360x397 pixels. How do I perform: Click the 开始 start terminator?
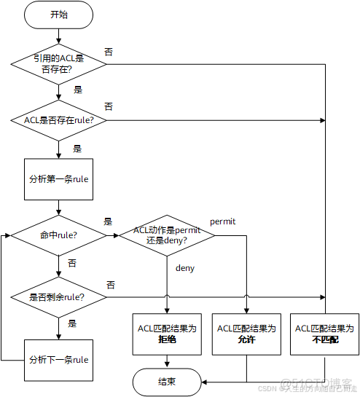tap(58, 14)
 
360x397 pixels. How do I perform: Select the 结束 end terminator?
tap(167, 381)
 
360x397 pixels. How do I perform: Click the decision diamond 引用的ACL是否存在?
tap(58, 64)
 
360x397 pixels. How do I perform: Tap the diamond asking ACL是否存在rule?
tap(58, 119)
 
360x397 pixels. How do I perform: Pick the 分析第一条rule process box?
tap(58, 178)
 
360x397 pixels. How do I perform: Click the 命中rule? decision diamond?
tap(58, 235)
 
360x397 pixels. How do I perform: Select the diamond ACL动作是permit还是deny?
tap(167, 235)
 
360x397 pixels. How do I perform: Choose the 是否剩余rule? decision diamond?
tap(58, 296)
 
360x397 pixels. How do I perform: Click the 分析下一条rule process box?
tap(58, 359)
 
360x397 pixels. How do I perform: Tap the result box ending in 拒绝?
tap(167, 334)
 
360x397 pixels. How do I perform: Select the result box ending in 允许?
tap(246, 334)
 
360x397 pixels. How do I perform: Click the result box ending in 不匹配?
tap(324, 334)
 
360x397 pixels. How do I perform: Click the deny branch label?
tap(185, 268)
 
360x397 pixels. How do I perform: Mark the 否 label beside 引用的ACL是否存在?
tap(109, 52)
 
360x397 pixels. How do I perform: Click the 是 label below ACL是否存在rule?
tap(77, 149)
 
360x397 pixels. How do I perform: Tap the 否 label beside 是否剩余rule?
tap(110, 284)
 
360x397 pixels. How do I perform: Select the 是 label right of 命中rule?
tap(108, 221)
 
